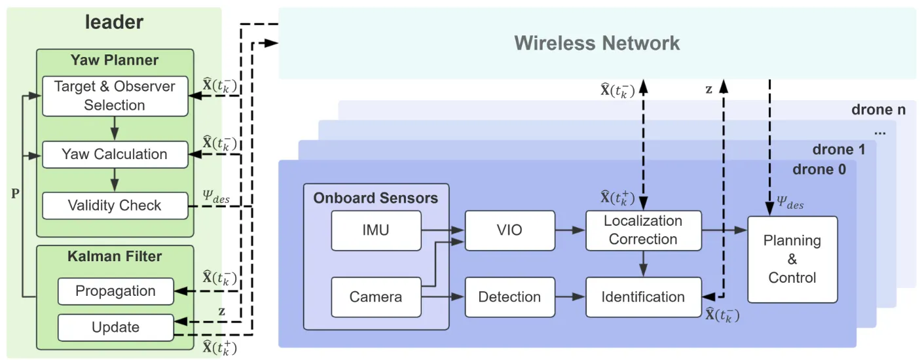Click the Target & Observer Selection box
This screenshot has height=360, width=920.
[115, 96]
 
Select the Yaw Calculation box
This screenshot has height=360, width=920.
[115, 154]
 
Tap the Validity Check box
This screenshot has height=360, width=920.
[115, 206]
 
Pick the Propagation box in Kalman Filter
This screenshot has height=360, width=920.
[116, 291]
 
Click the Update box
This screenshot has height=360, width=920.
[116, 327]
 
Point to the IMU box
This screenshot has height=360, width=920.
[377, 230]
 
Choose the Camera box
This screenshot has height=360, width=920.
[377, 297]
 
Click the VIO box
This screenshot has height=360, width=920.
[509, 230]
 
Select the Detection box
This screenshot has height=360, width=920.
[509, 297]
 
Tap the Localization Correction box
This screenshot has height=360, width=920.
[644, 230]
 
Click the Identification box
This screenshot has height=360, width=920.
[644, 297]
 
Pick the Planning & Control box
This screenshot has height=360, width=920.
[792, 259]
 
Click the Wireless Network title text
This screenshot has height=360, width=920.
[597, 43]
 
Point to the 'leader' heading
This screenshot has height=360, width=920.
[114, 22]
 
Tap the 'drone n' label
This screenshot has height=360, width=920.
[879, 109]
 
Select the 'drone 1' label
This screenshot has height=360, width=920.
[839, 149]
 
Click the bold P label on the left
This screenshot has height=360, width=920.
[15, 193]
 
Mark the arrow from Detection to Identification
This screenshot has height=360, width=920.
[570, 297]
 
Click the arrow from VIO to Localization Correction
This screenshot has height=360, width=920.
[570, 230]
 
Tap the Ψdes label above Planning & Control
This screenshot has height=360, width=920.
[790, 202]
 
